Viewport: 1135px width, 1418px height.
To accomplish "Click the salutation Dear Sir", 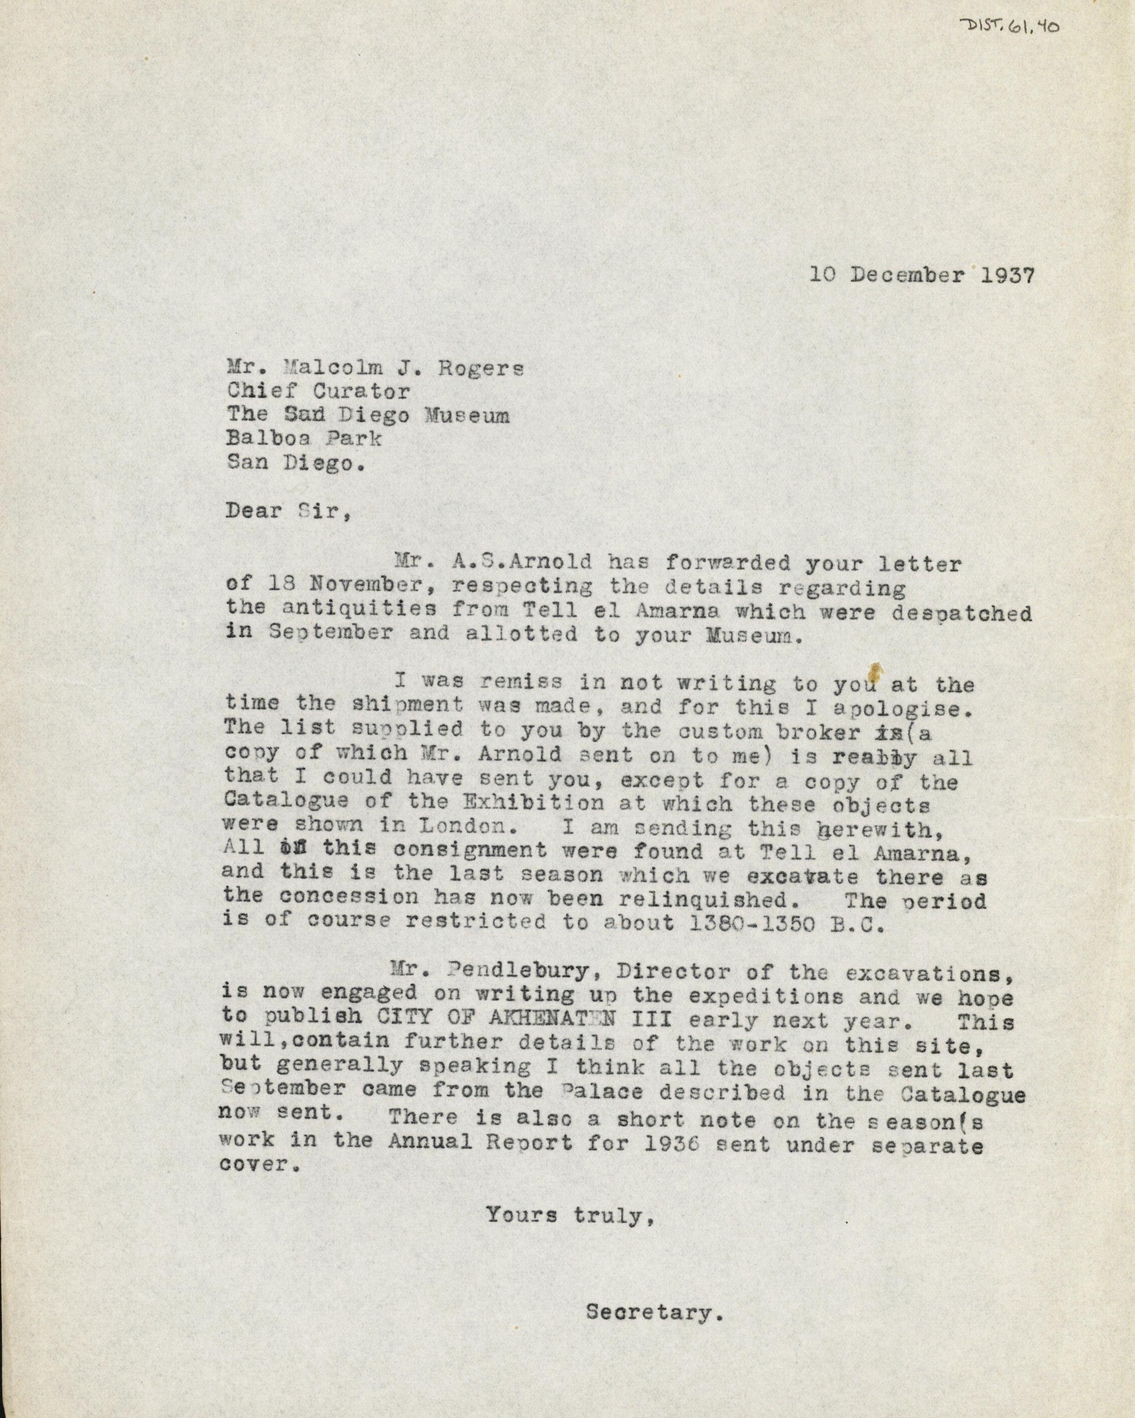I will click(286, 511).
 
